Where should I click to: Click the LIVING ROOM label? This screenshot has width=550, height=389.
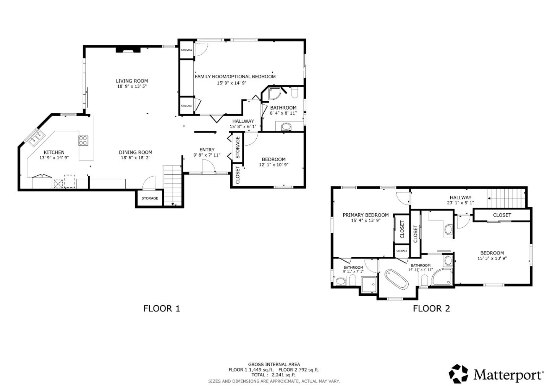[132, 81]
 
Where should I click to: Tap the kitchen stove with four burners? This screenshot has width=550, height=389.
[83, 140]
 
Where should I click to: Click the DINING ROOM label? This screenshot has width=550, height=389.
[135, 152]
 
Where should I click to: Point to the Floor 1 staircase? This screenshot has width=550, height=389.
[172, 185]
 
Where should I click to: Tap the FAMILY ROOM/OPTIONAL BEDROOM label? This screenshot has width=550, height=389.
[235, 76]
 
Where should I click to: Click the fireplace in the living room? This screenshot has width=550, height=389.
[128, 49]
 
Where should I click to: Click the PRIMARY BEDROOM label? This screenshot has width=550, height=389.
[366, 215]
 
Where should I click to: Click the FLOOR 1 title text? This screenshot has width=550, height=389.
[162, 308]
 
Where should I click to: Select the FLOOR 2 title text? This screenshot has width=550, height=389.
[431, 308]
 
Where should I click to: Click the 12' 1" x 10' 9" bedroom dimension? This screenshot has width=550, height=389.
[273, 165]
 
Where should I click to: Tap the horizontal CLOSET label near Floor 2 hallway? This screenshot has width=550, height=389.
[501, 215]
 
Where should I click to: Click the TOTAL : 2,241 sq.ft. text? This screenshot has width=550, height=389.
[273, 375]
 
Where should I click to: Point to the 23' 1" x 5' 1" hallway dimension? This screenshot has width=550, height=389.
[460, 203]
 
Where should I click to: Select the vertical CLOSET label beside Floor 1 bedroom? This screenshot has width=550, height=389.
[237, 175]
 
